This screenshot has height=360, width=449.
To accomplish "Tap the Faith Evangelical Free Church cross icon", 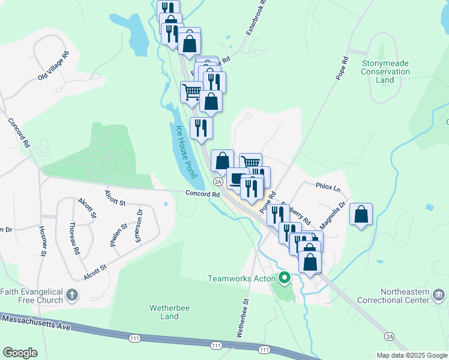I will [71, 295].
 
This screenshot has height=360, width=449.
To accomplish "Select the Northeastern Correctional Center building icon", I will [438, 295].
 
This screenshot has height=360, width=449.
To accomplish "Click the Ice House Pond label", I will [185, 152].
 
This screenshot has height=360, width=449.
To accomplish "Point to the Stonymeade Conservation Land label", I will [385, 71].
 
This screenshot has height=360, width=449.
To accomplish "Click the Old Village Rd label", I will [54, 65].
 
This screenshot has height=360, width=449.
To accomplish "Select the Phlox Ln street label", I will [328, 187].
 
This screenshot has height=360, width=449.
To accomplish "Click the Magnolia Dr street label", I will [333, 215].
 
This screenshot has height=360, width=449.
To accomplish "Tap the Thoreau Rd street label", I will [74, 239].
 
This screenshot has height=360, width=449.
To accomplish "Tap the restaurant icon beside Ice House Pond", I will [201, 127].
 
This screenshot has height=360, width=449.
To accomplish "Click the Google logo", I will [20, 352].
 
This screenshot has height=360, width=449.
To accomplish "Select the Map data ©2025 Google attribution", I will [411, 355].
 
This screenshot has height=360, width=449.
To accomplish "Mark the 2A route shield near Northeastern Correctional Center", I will [390, 337].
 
